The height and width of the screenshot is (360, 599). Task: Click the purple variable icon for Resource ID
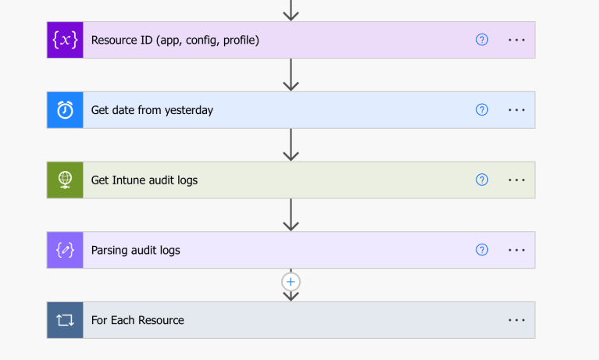65,40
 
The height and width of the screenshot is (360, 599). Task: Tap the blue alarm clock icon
65,110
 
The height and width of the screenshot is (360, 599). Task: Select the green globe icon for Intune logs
65,180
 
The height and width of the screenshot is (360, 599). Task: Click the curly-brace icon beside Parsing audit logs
65,251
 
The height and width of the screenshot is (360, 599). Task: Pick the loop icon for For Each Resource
65,320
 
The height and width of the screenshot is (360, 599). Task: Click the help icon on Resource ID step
482,40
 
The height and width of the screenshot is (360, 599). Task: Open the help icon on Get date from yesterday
482,110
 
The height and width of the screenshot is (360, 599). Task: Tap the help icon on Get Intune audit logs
482,180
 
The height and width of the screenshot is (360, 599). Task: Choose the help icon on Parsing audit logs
482,250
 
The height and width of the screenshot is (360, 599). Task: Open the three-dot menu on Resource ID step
516,40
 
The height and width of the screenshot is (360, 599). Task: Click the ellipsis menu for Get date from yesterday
516,110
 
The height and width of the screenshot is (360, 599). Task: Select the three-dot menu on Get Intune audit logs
516,180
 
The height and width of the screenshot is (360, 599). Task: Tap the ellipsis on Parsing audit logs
516,251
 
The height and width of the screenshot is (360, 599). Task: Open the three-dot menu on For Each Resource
516,320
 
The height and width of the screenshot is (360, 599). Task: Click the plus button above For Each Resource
291,281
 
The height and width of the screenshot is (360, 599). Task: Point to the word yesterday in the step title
188,110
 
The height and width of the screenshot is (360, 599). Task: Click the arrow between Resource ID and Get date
291,75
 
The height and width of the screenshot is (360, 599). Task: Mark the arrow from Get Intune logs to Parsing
291,215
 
